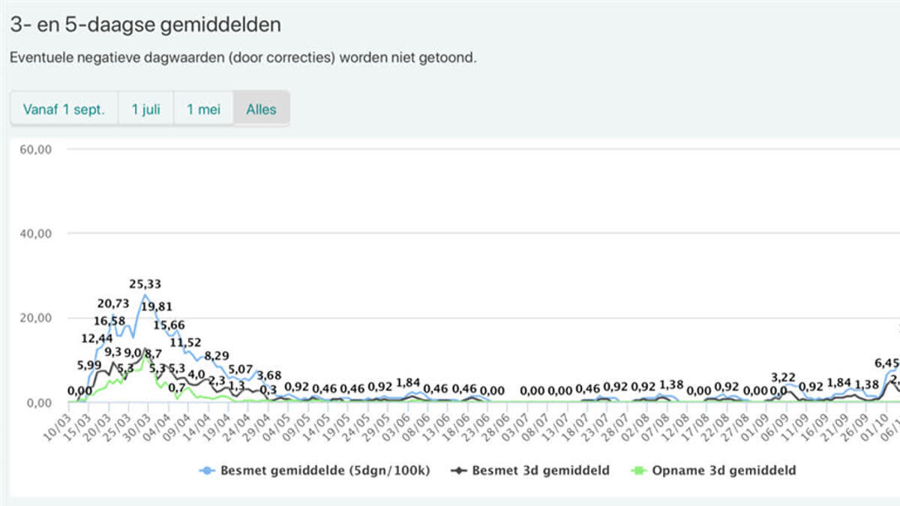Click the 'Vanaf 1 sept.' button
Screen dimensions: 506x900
64,109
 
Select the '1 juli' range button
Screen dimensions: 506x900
146,109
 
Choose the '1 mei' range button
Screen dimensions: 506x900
204,109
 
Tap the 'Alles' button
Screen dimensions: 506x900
261,109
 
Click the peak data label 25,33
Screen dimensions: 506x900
145,284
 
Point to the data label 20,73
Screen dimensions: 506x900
113,303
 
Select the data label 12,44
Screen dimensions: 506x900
97,339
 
